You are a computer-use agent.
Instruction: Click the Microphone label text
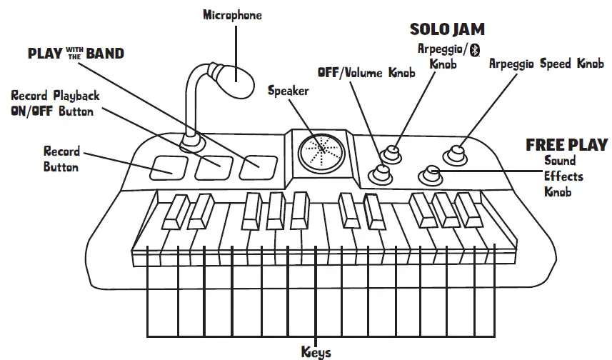[x=232, y=14]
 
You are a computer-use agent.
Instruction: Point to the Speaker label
[x=289, y=91]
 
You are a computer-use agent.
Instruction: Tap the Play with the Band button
[x=258, y=167]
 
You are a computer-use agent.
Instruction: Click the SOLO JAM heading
[x=447, y=29]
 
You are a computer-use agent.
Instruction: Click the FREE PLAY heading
[x=566, y=144]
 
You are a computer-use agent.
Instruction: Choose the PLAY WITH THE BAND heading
[x=75, y=54]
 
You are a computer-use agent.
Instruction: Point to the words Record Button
[x=61, y=159]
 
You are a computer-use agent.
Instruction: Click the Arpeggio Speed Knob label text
[x=546, y=64]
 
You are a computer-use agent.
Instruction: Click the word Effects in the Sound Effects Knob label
[x=563, y=176]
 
